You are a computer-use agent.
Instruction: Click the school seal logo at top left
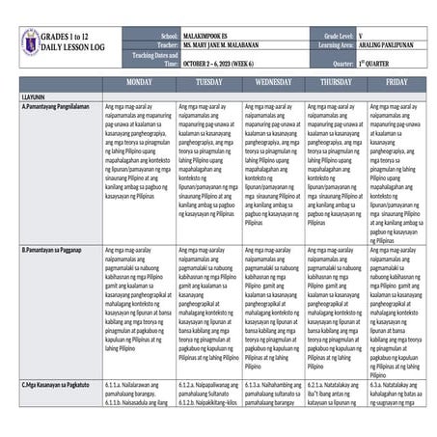[30, 41]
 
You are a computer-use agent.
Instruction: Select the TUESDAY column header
[208, 82]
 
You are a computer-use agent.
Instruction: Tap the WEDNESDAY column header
[273, 82]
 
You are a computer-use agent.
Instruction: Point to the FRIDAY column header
[396, 82]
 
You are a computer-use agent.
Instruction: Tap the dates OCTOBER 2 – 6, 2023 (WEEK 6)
[228, 61]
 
